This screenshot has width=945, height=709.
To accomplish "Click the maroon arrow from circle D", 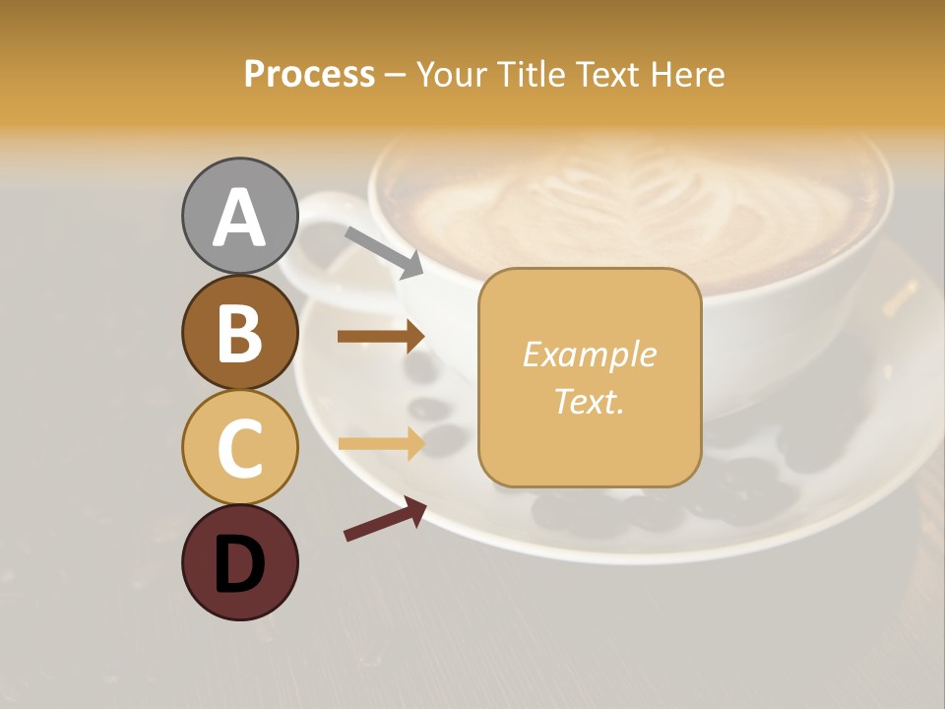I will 385,520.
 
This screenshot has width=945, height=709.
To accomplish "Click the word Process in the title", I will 309,75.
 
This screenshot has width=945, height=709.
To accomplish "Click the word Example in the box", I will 589,354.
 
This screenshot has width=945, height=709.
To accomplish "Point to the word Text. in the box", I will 589,402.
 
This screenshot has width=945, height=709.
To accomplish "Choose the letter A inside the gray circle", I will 239,218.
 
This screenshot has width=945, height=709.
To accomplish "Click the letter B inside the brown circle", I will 239,333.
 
